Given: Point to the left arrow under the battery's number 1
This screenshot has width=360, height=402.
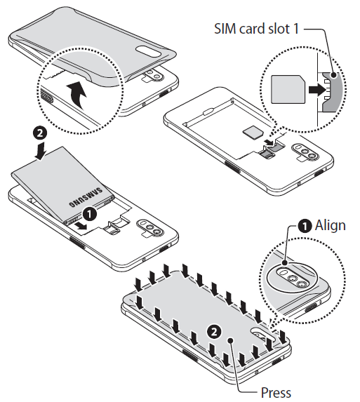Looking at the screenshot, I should pyautogui.click(x=82, y=227).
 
